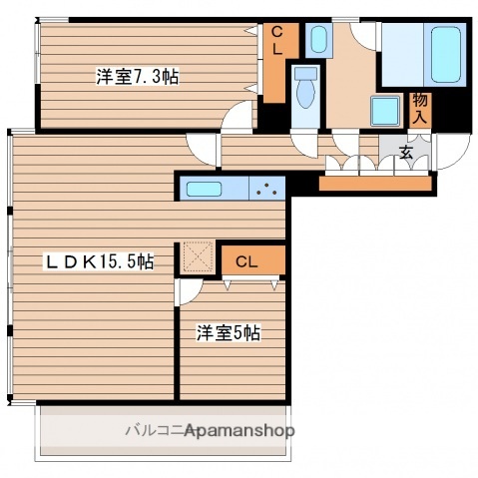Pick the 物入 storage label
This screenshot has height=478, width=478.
pyautogui.click(x=420, y=108)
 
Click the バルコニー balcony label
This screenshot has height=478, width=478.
pyautogui.click(x=150, y=430)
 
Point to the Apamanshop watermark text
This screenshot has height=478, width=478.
pyautogui.click(x=239, y=431)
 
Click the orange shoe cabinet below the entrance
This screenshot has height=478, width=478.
pyautogui.click(x=375, y=183)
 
